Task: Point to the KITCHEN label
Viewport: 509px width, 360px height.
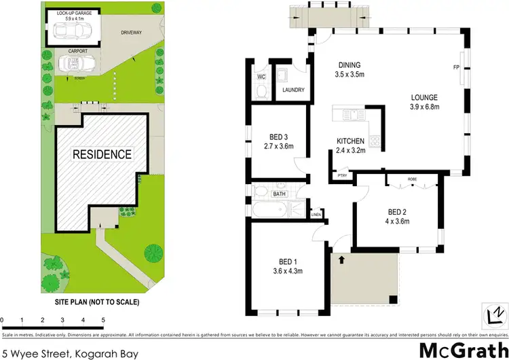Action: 351,141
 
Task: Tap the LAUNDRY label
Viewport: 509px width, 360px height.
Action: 293,90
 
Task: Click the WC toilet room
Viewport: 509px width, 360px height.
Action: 261,77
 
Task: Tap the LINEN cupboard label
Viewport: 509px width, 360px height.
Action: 316,215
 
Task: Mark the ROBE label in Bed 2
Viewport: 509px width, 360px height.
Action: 411,181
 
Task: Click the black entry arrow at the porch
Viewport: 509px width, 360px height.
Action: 341,259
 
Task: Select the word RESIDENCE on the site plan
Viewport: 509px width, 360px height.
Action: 102,154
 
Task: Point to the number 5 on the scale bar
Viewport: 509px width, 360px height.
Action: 103,319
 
